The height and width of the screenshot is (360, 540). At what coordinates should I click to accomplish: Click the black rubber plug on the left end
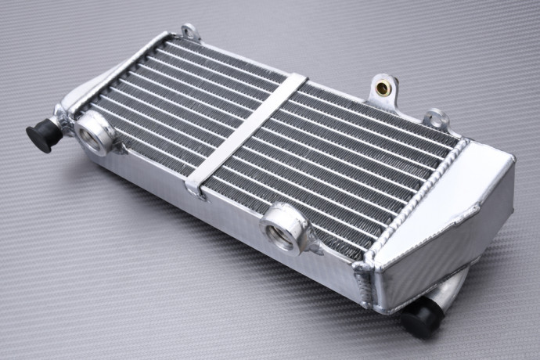tap(41, 135)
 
